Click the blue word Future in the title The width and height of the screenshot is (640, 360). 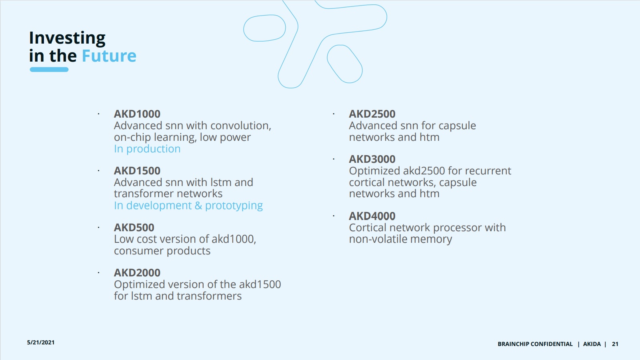(x=109, y=56)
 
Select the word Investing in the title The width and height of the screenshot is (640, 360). (x=67, y=38)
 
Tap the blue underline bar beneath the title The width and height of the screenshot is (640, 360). (x=49, y=70)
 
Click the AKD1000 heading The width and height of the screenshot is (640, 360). (x=137, y=114)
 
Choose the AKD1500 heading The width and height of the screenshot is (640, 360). (x=137, y=171)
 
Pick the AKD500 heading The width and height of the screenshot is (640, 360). (x=134, y=228)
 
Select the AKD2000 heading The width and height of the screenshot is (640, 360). (x=137, y=273)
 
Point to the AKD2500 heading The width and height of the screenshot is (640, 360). (x=372, y=114)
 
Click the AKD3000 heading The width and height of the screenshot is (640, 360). (x=372, y=159)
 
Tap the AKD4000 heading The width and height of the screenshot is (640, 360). (x=372, y=216)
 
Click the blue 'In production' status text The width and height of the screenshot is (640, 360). (x=147, y=149)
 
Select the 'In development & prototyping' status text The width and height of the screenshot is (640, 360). (x=188, y=206)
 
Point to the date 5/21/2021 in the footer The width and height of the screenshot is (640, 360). (x=40, y=342)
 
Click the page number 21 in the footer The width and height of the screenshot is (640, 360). (x=615, y=344)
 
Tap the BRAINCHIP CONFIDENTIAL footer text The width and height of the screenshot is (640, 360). (x=535, y=344)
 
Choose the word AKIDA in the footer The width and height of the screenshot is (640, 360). (x=592, y=344)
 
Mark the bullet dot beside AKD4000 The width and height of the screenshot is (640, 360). (x=334, y=216)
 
